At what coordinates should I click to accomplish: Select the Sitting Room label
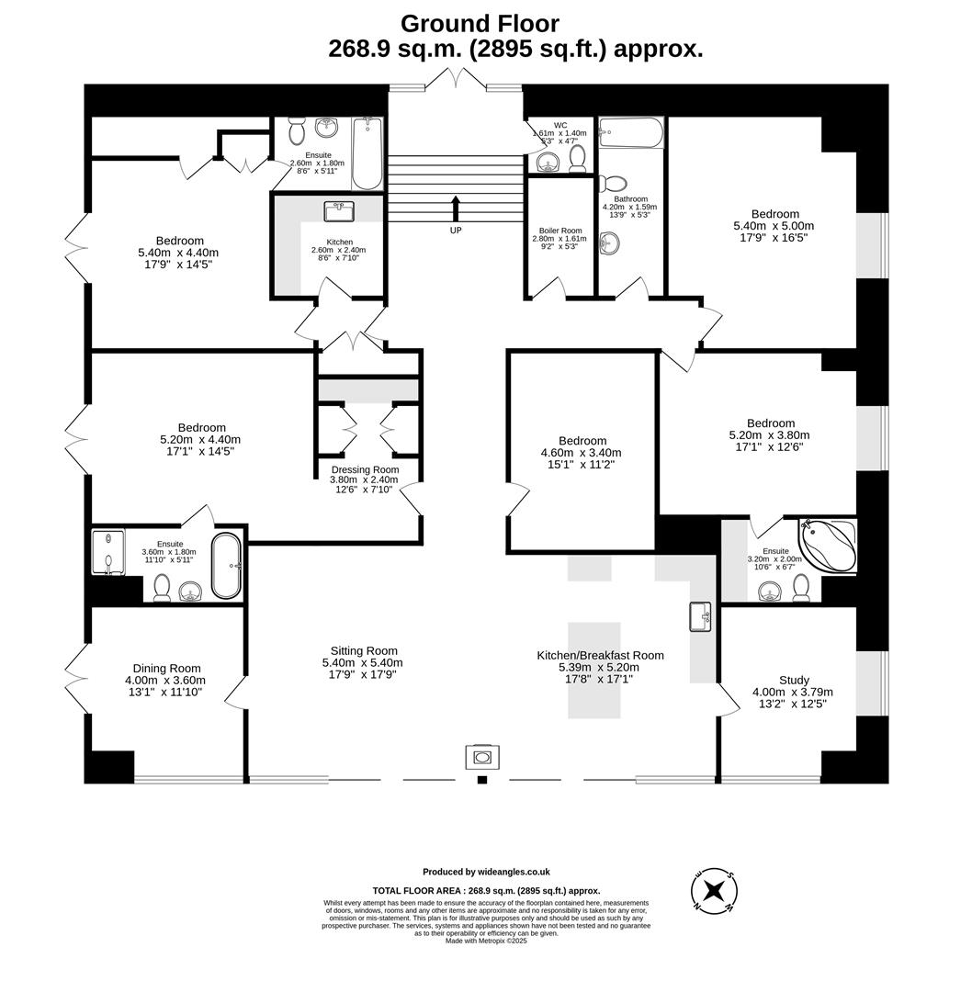click(362, 650)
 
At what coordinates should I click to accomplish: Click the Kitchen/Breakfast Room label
click(600, 655)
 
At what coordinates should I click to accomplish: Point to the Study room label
click(794, 680)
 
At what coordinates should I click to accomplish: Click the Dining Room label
click(166, 668)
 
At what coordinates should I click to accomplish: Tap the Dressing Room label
click(365, 468)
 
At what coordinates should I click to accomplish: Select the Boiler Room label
click(560, 231)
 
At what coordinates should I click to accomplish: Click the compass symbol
click(714, 890)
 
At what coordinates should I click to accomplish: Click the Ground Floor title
click(479, 23)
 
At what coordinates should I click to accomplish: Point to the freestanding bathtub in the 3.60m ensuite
click(226, 567)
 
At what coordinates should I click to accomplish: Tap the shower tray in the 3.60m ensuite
click(107, 552)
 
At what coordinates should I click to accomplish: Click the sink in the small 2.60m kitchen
click(339, 211)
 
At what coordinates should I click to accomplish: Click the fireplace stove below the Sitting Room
click(482, 757)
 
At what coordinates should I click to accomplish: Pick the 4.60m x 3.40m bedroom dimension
click(581, 453)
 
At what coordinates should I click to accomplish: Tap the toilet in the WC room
click(578, 159)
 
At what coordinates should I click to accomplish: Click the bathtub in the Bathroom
click(630, 133)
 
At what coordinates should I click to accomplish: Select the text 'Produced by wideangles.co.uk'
click(486, 872)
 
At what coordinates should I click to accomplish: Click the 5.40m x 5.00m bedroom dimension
click(774, 226)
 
